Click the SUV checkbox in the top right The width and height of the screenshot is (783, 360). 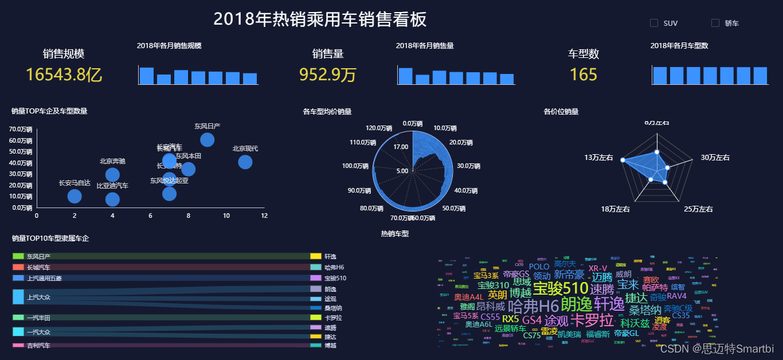tap(654, 24)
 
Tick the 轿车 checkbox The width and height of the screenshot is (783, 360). tap(715, 24)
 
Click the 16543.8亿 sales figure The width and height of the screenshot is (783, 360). tap(64, 75)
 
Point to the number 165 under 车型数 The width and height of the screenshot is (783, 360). tap(584, 75)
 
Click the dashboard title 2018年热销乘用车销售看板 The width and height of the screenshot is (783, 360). tap(320, 19)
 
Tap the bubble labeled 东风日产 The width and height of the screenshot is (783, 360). tap(208, 139)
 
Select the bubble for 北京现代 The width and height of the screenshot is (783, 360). tap(245, 162)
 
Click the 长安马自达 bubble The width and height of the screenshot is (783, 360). tap(75, 196)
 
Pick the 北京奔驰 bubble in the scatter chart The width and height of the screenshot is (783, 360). tap(112, 175)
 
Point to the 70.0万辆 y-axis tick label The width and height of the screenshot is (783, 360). tap(20, 129)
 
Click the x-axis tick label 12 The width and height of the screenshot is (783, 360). tap(264, 216)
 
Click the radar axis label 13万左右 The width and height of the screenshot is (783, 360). tap(598, 158)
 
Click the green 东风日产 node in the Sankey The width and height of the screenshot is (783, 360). tap(18, 256)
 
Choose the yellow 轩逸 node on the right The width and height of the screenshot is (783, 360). tap(315, 256)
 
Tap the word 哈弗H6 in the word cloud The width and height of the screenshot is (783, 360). tap(533, 306)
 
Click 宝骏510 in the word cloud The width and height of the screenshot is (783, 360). tap(560, 288)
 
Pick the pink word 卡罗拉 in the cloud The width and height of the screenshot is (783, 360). tap(593, 320)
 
